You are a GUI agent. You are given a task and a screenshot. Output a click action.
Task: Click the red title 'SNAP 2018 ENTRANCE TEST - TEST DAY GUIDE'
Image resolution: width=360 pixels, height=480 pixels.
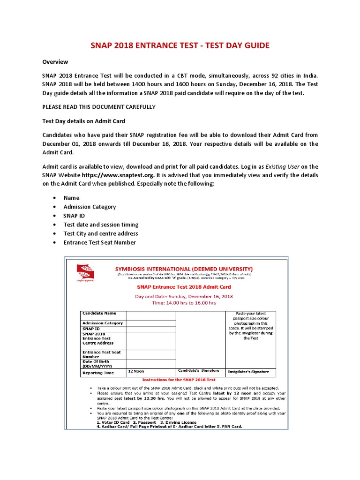[180, 45]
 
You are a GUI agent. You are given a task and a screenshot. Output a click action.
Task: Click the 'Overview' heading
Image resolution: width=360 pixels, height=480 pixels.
[55, 62]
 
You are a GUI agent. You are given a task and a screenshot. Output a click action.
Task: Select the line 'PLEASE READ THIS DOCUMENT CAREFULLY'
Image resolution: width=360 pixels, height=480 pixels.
[99, 107]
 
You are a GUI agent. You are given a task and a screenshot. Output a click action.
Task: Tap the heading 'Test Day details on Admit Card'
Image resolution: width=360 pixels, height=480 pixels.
[83, 121]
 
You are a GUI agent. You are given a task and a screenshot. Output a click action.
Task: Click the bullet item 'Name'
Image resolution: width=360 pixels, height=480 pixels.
[72, 198]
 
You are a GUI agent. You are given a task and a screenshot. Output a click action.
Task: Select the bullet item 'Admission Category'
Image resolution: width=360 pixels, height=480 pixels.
[90, 207]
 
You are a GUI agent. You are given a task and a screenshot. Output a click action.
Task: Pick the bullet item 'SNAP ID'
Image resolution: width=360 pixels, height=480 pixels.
[74, 216]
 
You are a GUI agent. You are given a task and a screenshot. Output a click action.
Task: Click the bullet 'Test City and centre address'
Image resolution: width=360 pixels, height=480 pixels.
[101, 233]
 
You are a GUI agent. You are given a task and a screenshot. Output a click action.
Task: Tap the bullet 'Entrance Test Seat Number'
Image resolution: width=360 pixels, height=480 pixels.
[99, 242]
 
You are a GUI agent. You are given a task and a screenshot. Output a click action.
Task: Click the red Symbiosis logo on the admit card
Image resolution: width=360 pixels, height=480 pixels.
[85, 272]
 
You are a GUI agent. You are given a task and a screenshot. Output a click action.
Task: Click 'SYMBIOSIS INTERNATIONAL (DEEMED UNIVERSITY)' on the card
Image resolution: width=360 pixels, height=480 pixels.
[184, 269]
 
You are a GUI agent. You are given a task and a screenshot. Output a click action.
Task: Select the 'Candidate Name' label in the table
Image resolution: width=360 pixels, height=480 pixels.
[99, 313]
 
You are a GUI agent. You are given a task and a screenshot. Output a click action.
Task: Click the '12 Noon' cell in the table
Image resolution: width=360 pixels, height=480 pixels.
[136, 371]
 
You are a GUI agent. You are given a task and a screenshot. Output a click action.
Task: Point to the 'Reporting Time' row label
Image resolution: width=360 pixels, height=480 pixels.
[98, 373]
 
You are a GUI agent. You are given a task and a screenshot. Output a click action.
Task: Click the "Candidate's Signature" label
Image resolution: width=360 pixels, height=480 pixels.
[197, 371]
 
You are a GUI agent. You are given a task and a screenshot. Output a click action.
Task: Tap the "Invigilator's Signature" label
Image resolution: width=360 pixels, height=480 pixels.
[248, 372]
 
